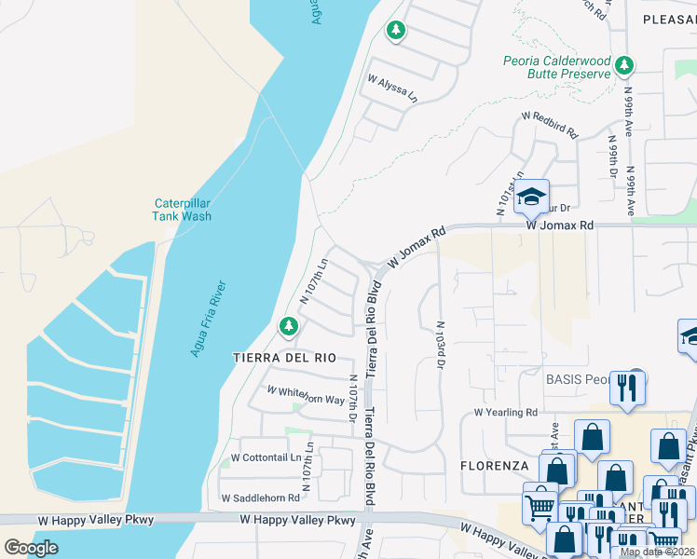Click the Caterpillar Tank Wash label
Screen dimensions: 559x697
[x=182, y=211]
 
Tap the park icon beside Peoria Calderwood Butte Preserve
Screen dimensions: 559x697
[x=624, y=65]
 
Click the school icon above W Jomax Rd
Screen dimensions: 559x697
[x=532, y=197]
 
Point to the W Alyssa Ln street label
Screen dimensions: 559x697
[x=393, y=89]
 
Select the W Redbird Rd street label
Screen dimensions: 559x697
[x=550, y=126]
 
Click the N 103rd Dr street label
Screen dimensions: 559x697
[x=439, y=344]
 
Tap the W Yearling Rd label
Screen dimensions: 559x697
[x=506, y=412]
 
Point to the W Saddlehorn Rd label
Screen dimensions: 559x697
[x=260, y=498]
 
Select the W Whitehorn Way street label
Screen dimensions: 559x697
[x=307, y=395]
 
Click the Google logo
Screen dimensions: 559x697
[x=32, y=548]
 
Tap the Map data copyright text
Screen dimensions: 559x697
[x=657, y=552]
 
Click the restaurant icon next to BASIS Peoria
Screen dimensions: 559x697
[x=628, y=387]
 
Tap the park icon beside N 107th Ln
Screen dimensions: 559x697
[x=289, y=325]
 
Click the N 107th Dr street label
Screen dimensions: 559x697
[x=353, y=396]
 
